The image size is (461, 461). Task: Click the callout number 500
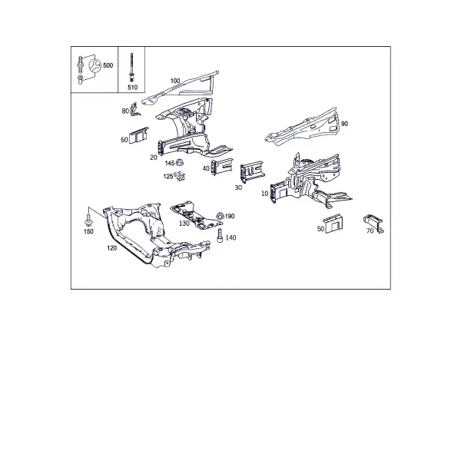click(108, 65)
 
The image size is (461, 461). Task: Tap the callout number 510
click(132, 88)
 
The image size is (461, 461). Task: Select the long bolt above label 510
click(131, 68)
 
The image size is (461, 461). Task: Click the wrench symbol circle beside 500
click(95, 66)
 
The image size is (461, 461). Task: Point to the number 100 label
click(175, 81)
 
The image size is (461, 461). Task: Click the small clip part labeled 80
click(134, 109)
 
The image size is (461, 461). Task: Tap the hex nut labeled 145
click(179, 162)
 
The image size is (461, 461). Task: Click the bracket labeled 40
click(222, 167)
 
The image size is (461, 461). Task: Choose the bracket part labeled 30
click(252, 171)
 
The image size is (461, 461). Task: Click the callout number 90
click(344, 124)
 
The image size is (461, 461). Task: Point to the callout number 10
click(264, 194)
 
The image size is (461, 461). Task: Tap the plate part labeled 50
click(333, 224)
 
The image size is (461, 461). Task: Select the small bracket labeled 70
click(373, 223)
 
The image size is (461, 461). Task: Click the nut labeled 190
click(220, 216)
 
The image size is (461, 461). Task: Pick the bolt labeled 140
click(220, 236)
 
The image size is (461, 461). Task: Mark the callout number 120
click(111, 248)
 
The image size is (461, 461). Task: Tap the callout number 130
click(184, 224)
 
